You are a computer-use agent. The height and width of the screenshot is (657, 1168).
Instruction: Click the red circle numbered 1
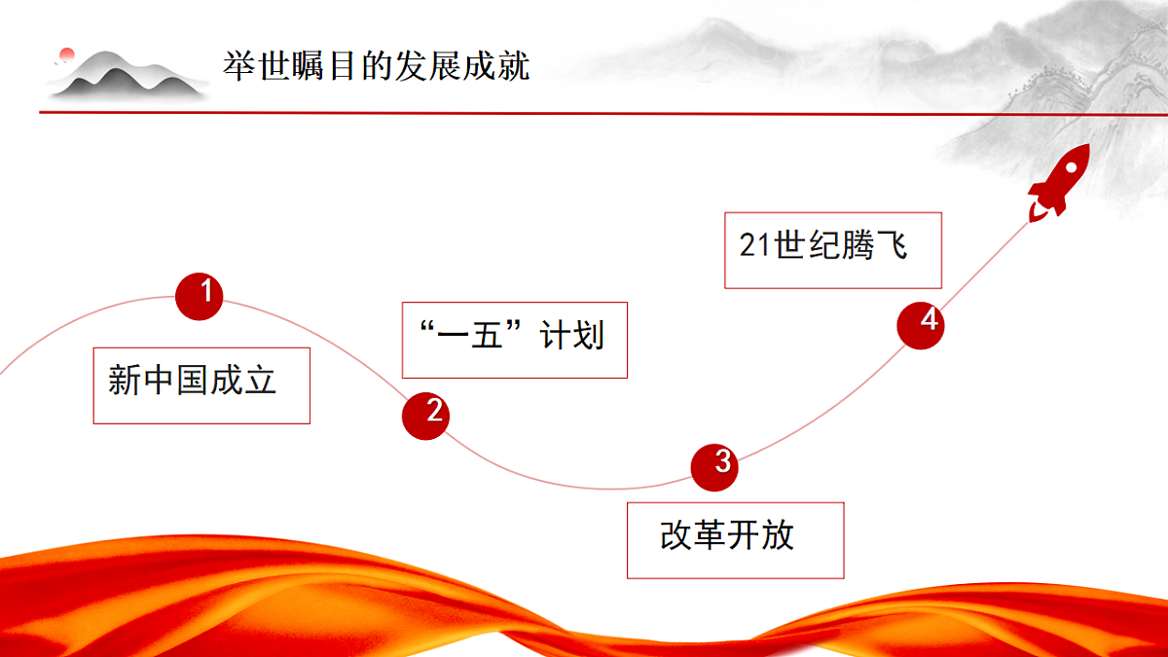point(200,296)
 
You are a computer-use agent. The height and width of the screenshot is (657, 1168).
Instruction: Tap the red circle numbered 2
point(425,417)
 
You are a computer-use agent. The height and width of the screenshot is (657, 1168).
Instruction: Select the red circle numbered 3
point(714,468)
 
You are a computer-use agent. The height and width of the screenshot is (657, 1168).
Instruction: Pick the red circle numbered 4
point(921,325)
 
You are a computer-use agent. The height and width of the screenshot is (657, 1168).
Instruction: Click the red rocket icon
point(1059,183)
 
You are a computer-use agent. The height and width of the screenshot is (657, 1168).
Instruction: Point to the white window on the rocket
point(1071,168)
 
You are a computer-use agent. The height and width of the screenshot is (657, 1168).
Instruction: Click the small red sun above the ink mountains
point(67,54)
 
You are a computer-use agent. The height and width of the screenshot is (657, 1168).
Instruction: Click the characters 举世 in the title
point(257,66)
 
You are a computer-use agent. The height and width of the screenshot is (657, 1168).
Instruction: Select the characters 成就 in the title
point(495,66)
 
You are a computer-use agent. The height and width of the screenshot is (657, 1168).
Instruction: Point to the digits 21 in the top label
point(754,245)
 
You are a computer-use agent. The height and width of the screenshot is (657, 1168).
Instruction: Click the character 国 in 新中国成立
point(193,380)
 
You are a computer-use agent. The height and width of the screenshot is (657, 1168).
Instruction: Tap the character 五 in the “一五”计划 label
point(487,335)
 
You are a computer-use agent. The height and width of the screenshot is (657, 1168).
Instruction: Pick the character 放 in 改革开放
point(778,535)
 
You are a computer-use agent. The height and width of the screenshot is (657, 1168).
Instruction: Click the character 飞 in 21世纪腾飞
point(892,245)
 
